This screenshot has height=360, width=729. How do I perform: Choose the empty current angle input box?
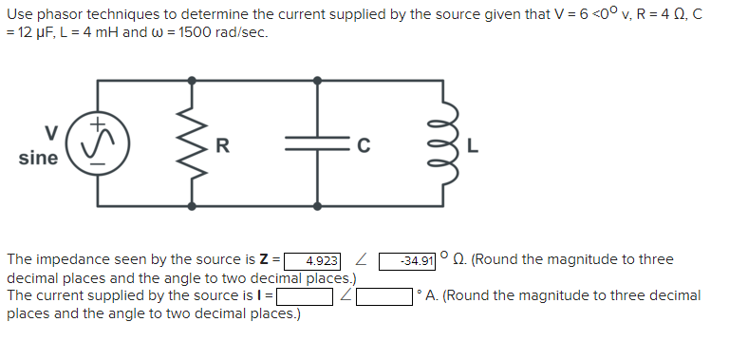pyautogui.click(x=384, y=296)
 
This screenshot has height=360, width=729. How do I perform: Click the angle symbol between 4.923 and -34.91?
pyautogui.click(x=360, y=260)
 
